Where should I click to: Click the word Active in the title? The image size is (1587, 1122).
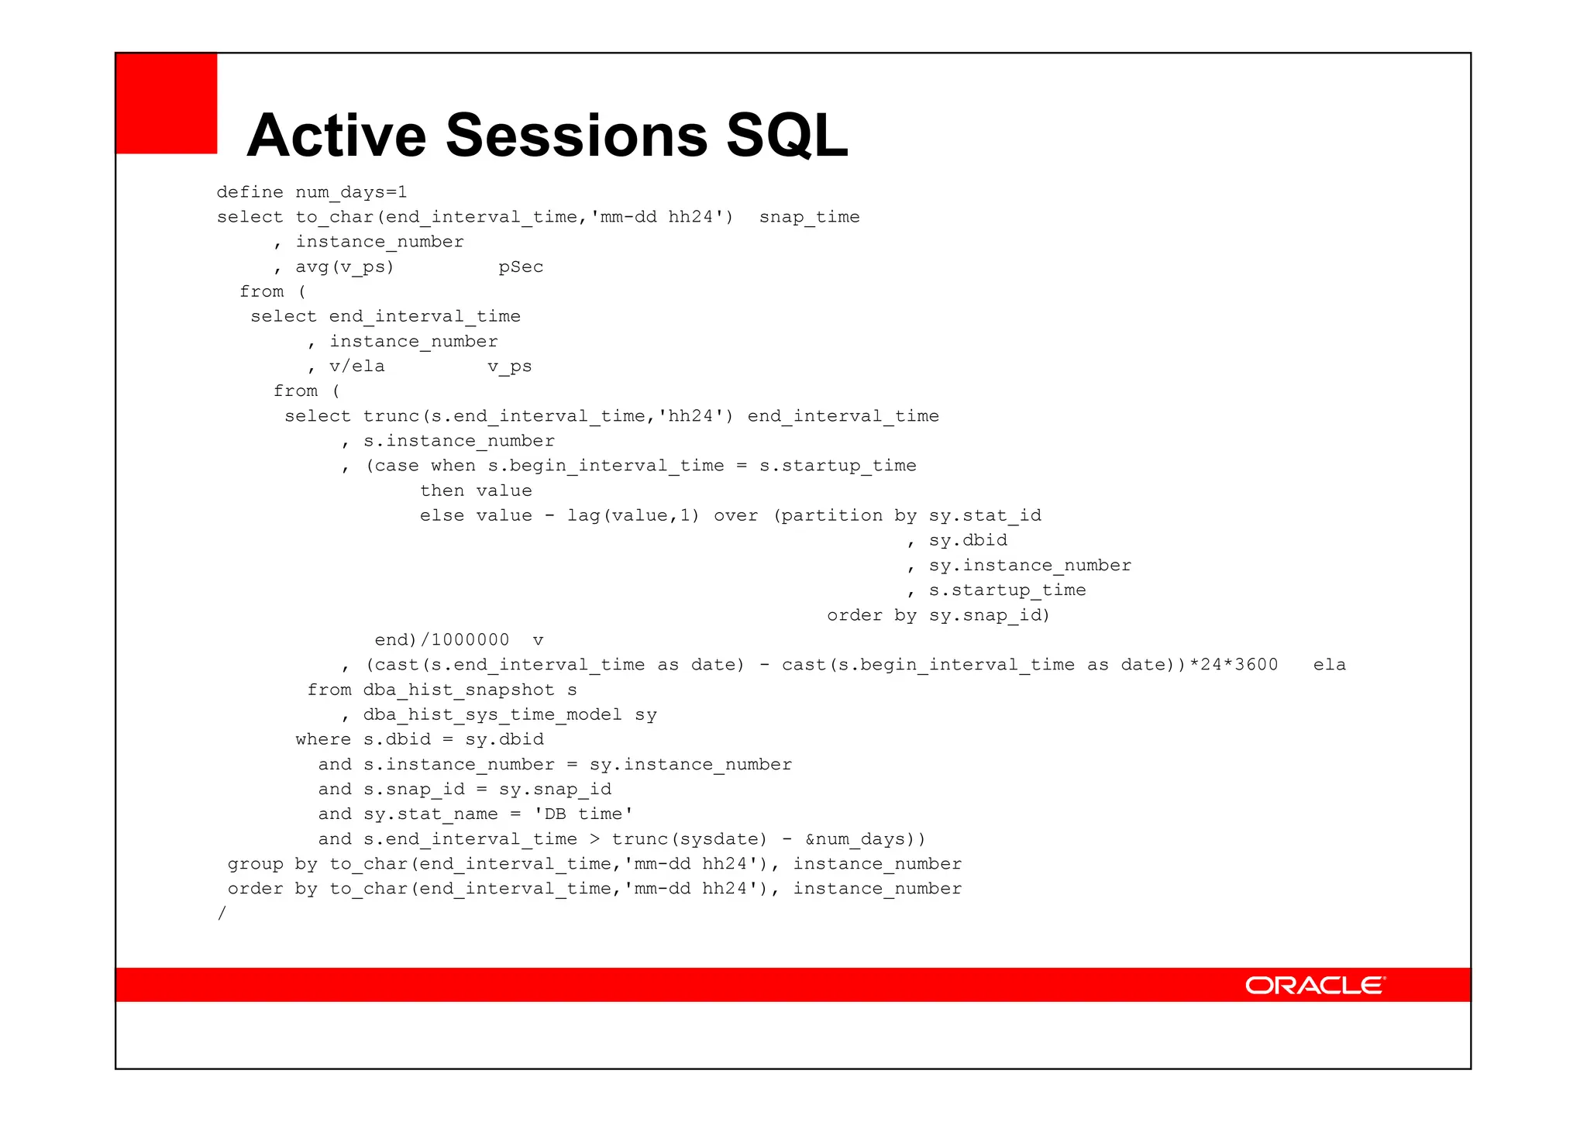coord(336,135)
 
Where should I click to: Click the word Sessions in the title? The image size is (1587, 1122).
coord(577,135)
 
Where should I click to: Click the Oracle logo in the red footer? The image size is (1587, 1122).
coord(1315,985)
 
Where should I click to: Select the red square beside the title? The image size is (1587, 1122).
coord(167,103)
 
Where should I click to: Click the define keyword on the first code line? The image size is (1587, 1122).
coord(250,192)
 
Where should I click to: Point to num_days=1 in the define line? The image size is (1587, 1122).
coord(351,192)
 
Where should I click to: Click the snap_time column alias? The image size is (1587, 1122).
coord(809,217)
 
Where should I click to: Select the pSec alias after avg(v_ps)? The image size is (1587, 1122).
coord(521,267)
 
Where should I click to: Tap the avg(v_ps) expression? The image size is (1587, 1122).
coord(345,267)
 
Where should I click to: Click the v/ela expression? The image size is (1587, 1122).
coord(356,366)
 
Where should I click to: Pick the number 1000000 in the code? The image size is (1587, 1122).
coord(470,640)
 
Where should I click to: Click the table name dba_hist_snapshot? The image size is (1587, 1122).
coord(459,690)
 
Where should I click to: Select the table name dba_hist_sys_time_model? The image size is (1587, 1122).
coord(492,714)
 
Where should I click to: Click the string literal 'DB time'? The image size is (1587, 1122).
coord(584,814)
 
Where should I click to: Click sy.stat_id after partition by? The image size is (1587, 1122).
coord(985,515)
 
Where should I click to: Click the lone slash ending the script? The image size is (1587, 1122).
coord(222,913)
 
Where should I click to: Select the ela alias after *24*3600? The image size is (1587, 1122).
coord(1329,665)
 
